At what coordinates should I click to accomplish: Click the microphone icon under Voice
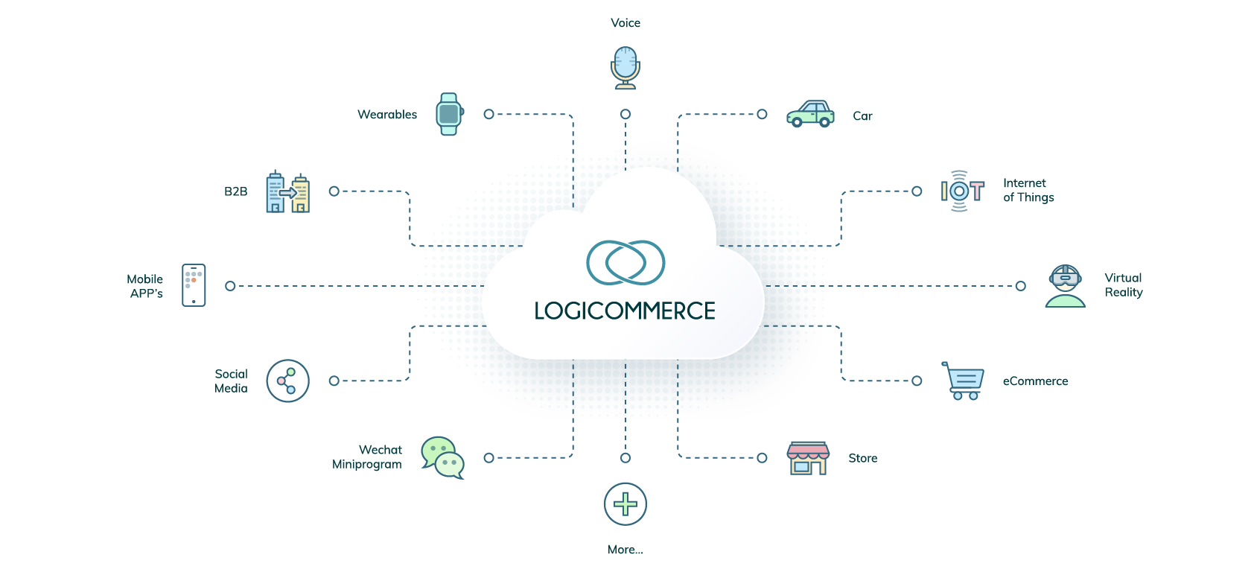point(625,67)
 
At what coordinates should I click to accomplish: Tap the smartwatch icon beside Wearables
point(449,114)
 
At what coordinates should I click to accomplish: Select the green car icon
point(810,114)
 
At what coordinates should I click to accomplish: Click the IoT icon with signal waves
point(962,191)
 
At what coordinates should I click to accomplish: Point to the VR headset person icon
point(1066,286)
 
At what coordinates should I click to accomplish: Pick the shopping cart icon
point(965,381)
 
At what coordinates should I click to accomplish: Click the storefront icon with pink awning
point(808,457)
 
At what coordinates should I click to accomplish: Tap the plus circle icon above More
point(625,504)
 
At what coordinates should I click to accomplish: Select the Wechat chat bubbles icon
point(442,457)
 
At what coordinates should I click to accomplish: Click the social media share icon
point(287,381)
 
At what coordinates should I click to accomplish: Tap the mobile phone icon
point(194,285)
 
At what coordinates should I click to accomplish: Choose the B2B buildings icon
point(287,191)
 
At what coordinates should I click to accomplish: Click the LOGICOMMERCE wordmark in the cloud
point(625,311)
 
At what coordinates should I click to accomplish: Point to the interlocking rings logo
point(625,262)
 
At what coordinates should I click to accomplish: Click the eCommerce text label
point(1035,381)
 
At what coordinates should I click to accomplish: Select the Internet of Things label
point(1028,190)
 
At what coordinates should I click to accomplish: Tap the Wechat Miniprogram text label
point(367,457)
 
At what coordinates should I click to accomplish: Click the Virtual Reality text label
point(1123,285)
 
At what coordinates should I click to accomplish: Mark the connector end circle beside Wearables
point(488,114)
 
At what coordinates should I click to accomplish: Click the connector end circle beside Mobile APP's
point(230,286)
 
